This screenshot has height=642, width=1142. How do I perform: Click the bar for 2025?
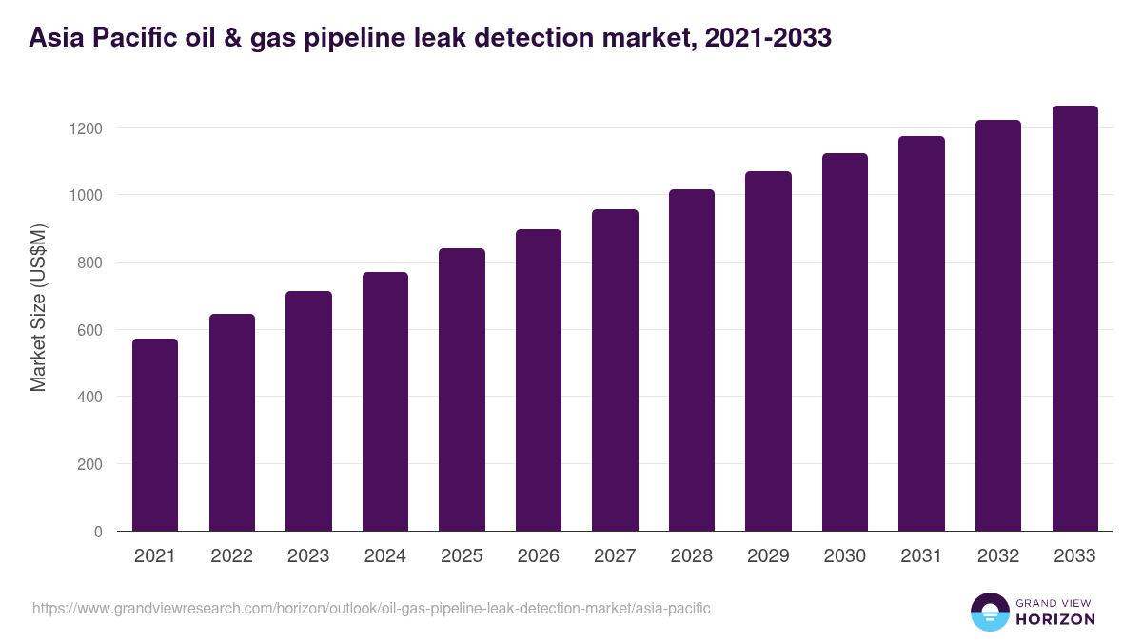coord(462,390)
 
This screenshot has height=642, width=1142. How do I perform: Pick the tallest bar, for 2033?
coord(1074,319)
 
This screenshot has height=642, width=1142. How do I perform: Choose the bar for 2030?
coord(845,342)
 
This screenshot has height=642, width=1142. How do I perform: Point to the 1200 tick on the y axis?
coord(86,128)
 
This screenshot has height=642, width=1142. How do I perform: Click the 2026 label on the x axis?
coord(539,556)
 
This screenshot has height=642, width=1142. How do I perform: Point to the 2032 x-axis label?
coord(998,556)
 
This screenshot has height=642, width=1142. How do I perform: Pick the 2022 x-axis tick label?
coord(232,556)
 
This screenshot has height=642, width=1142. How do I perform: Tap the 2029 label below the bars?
coord(768,556)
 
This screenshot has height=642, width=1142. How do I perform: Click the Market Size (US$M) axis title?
coord(38,307)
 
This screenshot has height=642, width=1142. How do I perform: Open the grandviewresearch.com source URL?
coord(371,608)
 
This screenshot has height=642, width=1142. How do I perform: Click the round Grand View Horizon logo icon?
coord(989,612)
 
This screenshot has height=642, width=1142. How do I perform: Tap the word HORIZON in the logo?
coord(1056,619)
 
